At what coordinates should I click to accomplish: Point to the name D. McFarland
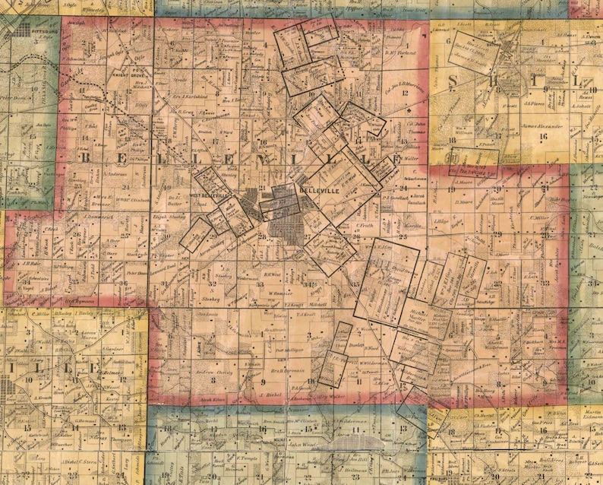[397, 52]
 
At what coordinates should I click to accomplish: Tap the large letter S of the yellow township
[455, 81]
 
